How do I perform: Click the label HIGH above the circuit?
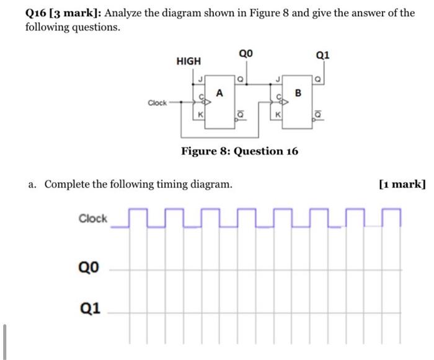pos(188,61)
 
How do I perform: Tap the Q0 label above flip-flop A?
pos(246,54)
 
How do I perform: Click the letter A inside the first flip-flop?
pos(219,93)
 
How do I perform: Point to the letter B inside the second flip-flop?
pos(298,94)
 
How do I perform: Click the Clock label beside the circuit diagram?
pos(157,103)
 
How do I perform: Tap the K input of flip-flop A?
pos(200,115)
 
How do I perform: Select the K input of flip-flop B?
pos(279,115)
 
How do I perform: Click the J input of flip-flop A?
pos(200,79)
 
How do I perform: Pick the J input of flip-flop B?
pos(279,79)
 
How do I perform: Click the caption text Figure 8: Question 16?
pos(239,151)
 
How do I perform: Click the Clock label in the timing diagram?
pos(93,219)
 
